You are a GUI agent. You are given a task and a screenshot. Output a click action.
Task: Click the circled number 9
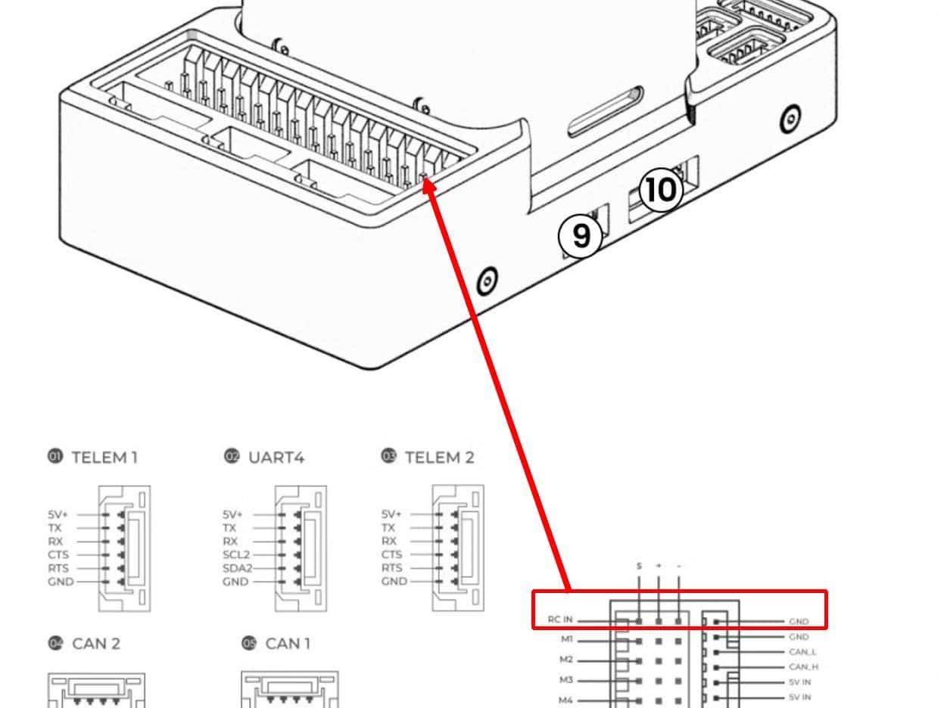[581, 236]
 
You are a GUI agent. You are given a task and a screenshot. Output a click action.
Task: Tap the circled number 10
[661, 190]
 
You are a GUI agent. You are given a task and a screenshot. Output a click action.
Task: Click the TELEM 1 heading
[104, 457]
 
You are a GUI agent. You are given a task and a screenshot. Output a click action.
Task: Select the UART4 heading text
[276, 457]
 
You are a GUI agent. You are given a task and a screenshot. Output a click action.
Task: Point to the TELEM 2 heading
[439, 457]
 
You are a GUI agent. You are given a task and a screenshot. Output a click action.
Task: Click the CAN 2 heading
[96, 644]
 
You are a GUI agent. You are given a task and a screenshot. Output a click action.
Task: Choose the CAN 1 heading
[288, 644]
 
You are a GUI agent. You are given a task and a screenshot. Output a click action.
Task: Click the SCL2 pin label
[235, 554]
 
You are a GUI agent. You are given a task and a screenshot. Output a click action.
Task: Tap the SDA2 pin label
[235, 568]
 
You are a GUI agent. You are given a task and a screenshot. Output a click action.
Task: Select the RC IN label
[560, 619]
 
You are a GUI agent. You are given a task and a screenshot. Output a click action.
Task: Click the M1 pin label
[566, 639]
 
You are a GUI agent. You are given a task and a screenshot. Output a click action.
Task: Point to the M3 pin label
[566, 680]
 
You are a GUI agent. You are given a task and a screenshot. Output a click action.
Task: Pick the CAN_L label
[802, 652]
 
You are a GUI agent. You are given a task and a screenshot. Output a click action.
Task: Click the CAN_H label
[802, 667]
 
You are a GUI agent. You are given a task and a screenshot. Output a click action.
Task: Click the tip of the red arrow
[426, 182]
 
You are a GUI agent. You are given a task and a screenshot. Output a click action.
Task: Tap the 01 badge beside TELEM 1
[55, 456]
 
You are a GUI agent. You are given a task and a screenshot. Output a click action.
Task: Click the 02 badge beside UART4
[232, 456]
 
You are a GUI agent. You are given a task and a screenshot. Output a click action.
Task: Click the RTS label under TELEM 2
[392, 568]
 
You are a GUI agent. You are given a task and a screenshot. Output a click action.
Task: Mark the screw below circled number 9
[488, 282]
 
